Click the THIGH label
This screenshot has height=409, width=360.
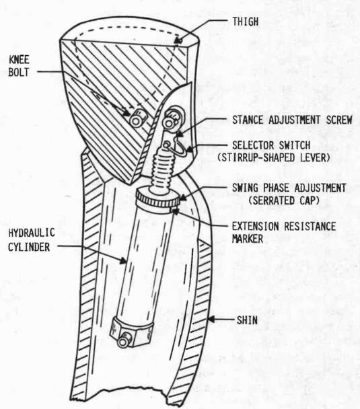tap(246, 22)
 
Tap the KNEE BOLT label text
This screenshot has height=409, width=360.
tap(19, 66)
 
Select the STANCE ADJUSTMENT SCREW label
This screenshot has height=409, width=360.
tap(292, 120)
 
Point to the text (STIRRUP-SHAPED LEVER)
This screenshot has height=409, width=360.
tap(274, 157)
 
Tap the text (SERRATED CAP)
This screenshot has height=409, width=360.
tap(284, 200)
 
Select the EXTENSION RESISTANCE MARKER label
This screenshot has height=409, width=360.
tap(284, 232)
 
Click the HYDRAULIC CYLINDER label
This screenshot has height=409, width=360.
tap(32, 240)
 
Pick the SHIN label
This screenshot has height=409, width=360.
tap(247, 320)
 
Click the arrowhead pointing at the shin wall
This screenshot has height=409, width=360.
tap(211, 319)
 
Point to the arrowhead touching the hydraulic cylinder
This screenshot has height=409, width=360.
tap(123, 260)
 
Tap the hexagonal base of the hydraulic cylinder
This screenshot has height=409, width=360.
tap(132, 330)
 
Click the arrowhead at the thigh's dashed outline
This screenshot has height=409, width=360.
tap(178, 40)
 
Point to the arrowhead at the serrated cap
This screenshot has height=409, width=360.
tap(184, 198)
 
